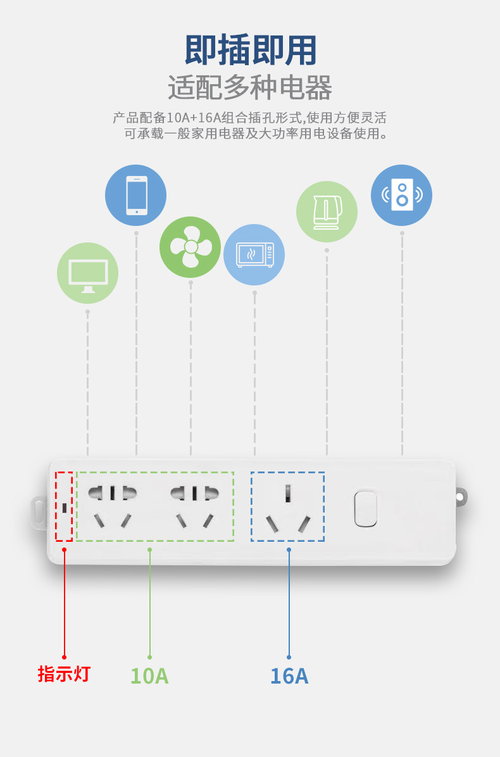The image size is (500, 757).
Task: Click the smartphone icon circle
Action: [136, 195]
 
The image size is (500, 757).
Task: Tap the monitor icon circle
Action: [87, 273]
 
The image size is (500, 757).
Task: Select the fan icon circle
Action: [190, 247]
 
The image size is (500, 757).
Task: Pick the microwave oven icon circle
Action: [254, 254]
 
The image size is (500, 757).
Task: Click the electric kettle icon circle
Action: [327, 211]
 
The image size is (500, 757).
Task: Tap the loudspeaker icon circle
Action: [401, 195]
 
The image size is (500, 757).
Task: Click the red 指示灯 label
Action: [64, 674]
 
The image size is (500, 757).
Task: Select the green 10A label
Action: [149, 676]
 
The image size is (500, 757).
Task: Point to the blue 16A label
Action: [289, 676]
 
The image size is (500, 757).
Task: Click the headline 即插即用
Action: [250, 51]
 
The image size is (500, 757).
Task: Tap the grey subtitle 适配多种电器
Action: [250, 87]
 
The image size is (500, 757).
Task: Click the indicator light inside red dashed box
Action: [65, 507]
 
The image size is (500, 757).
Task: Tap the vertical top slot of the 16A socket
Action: [288, 492]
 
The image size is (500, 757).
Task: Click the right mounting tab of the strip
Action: [461, 497]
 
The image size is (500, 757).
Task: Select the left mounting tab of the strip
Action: [39, 512]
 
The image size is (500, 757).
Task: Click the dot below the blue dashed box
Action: [289, 549]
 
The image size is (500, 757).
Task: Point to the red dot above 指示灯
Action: [64, 657]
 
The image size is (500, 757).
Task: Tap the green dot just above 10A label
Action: [149, 657]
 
